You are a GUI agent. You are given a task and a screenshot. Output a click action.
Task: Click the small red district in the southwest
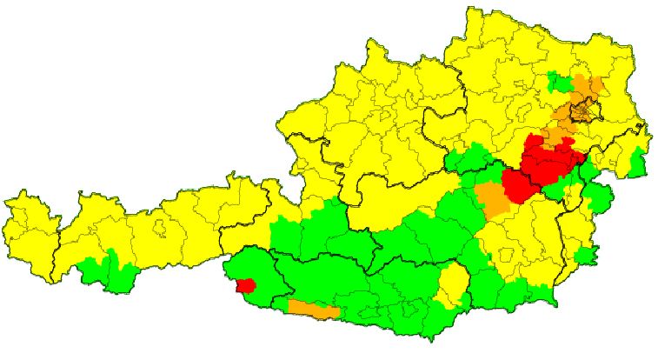click(x=245, y=285)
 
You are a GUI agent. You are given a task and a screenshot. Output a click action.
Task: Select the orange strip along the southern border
click(x=313, y=308)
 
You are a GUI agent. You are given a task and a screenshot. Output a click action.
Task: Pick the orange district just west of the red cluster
click(x=494, y=199)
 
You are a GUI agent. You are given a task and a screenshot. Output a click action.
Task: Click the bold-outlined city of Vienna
click(x=588, y=110)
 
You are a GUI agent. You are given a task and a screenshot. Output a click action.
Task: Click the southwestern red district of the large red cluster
click(x=522, y=186)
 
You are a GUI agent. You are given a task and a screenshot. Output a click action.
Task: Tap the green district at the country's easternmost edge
click(x=639, y=162)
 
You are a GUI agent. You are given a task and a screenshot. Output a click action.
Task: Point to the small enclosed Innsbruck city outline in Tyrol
click(x=161, y=229)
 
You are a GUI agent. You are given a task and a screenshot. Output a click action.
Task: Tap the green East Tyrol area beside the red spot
click(x=261, y=270)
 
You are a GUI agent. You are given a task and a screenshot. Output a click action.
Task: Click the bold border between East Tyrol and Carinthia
click(x=276, y=277)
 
